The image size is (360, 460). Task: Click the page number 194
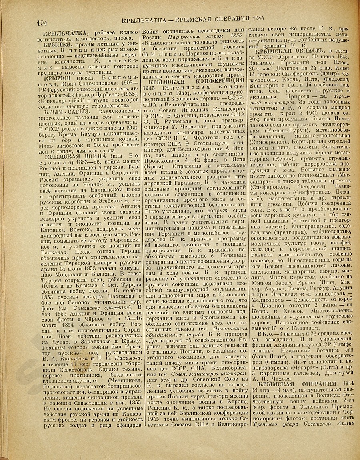tap(43, 22)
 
